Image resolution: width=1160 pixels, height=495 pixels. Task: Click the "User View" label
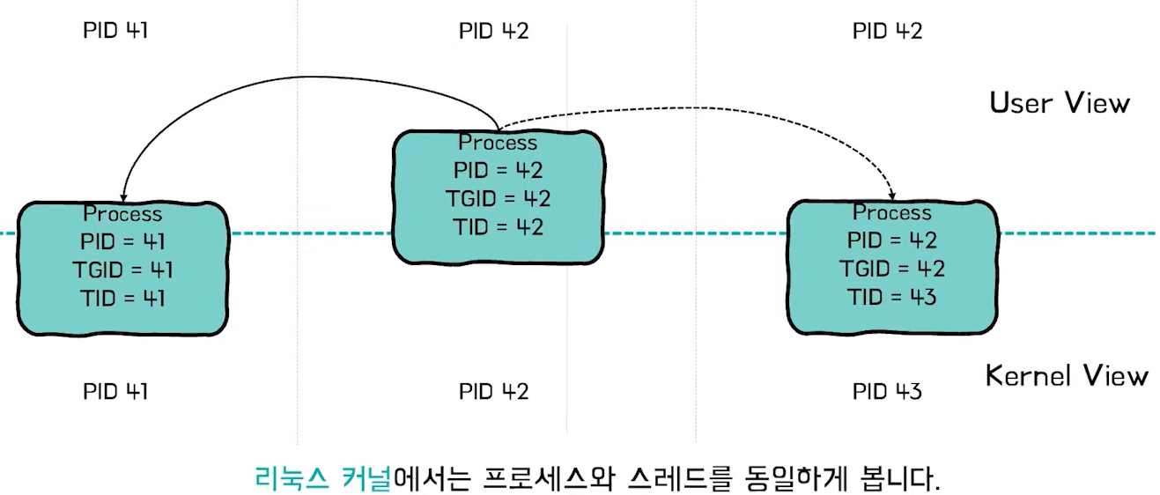(x=1059, y=103)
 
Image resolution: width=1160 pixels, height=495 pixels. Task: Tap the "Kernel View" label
(x=1067, y=376)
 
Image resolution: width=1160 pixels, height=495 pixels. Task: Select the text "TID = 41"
(x=123, y=298)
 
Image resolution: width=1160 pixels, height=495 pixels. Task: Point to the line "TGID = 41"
(x=123, y=270)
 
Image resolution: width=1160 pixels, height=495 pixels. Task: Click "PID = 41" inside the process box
(x=123, y=241)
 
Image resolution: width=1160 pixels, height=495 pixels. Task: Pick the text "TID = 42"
(x=499, y=226)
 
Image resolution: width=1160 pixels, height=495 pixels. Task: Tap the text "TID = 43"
(x=892, y=297)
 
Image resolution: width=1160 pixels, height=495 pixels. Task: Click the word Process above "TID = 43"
(x=892, y=213)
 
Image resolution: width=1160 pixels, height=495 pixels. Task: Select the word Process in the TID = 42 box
(x=498, y=143)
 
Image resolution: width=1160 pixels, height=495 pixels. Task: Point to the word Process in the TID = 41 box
(x=123, y=214)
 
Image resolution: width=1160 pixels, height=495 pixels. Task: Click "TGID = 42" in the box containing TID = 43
(x=892, y=269)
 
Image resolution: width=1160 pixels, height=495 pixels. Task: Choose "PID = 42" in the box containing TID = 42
(x=499, y=170)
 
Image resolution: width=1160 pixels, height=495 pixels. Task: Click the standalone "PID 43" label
(x=887, y=391)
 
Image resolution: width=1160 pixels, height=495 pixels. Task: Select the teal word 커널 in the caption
(x=366, y=479)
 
